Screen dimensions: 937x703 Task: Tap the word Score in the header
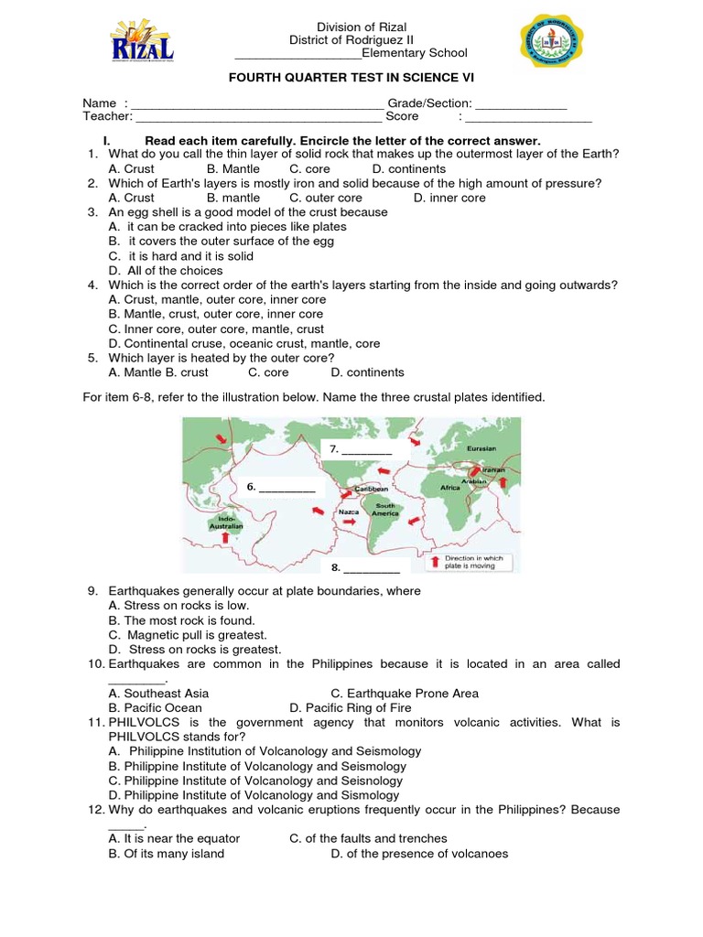[402, 117]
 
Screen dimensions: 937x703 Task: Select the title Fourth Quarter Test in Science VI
[351, 80]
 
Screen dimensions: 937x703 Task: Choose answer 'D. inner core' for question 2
[449, 198]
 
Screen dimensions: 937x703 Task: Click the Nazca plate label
[349, 512]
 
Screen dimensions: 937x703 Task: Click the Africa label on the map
[450, 488]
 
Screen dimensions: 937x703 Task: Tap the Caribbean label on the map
[372, 490]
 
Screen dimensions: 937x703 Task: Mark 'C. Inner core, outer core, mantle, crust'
[216, 329]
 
